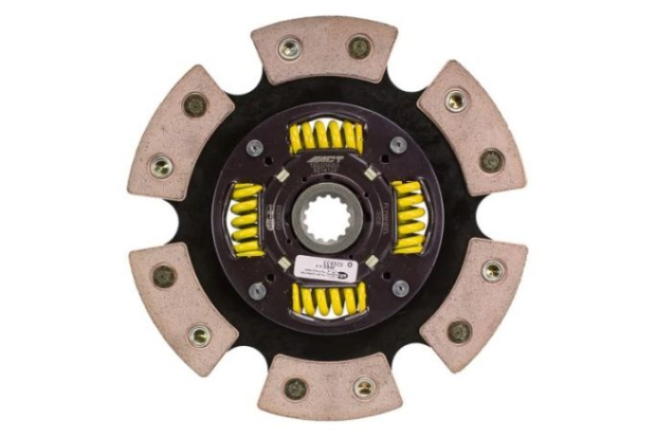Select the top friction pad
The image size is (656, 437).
click(x=326, y=50)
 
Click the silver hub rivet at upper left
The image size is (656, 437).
click(x=256, y=147)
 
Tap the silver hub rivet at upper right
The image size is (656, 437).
click(x=398, y=147)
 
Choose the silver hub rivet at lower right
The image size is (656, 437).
click(x=399, y=289)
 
